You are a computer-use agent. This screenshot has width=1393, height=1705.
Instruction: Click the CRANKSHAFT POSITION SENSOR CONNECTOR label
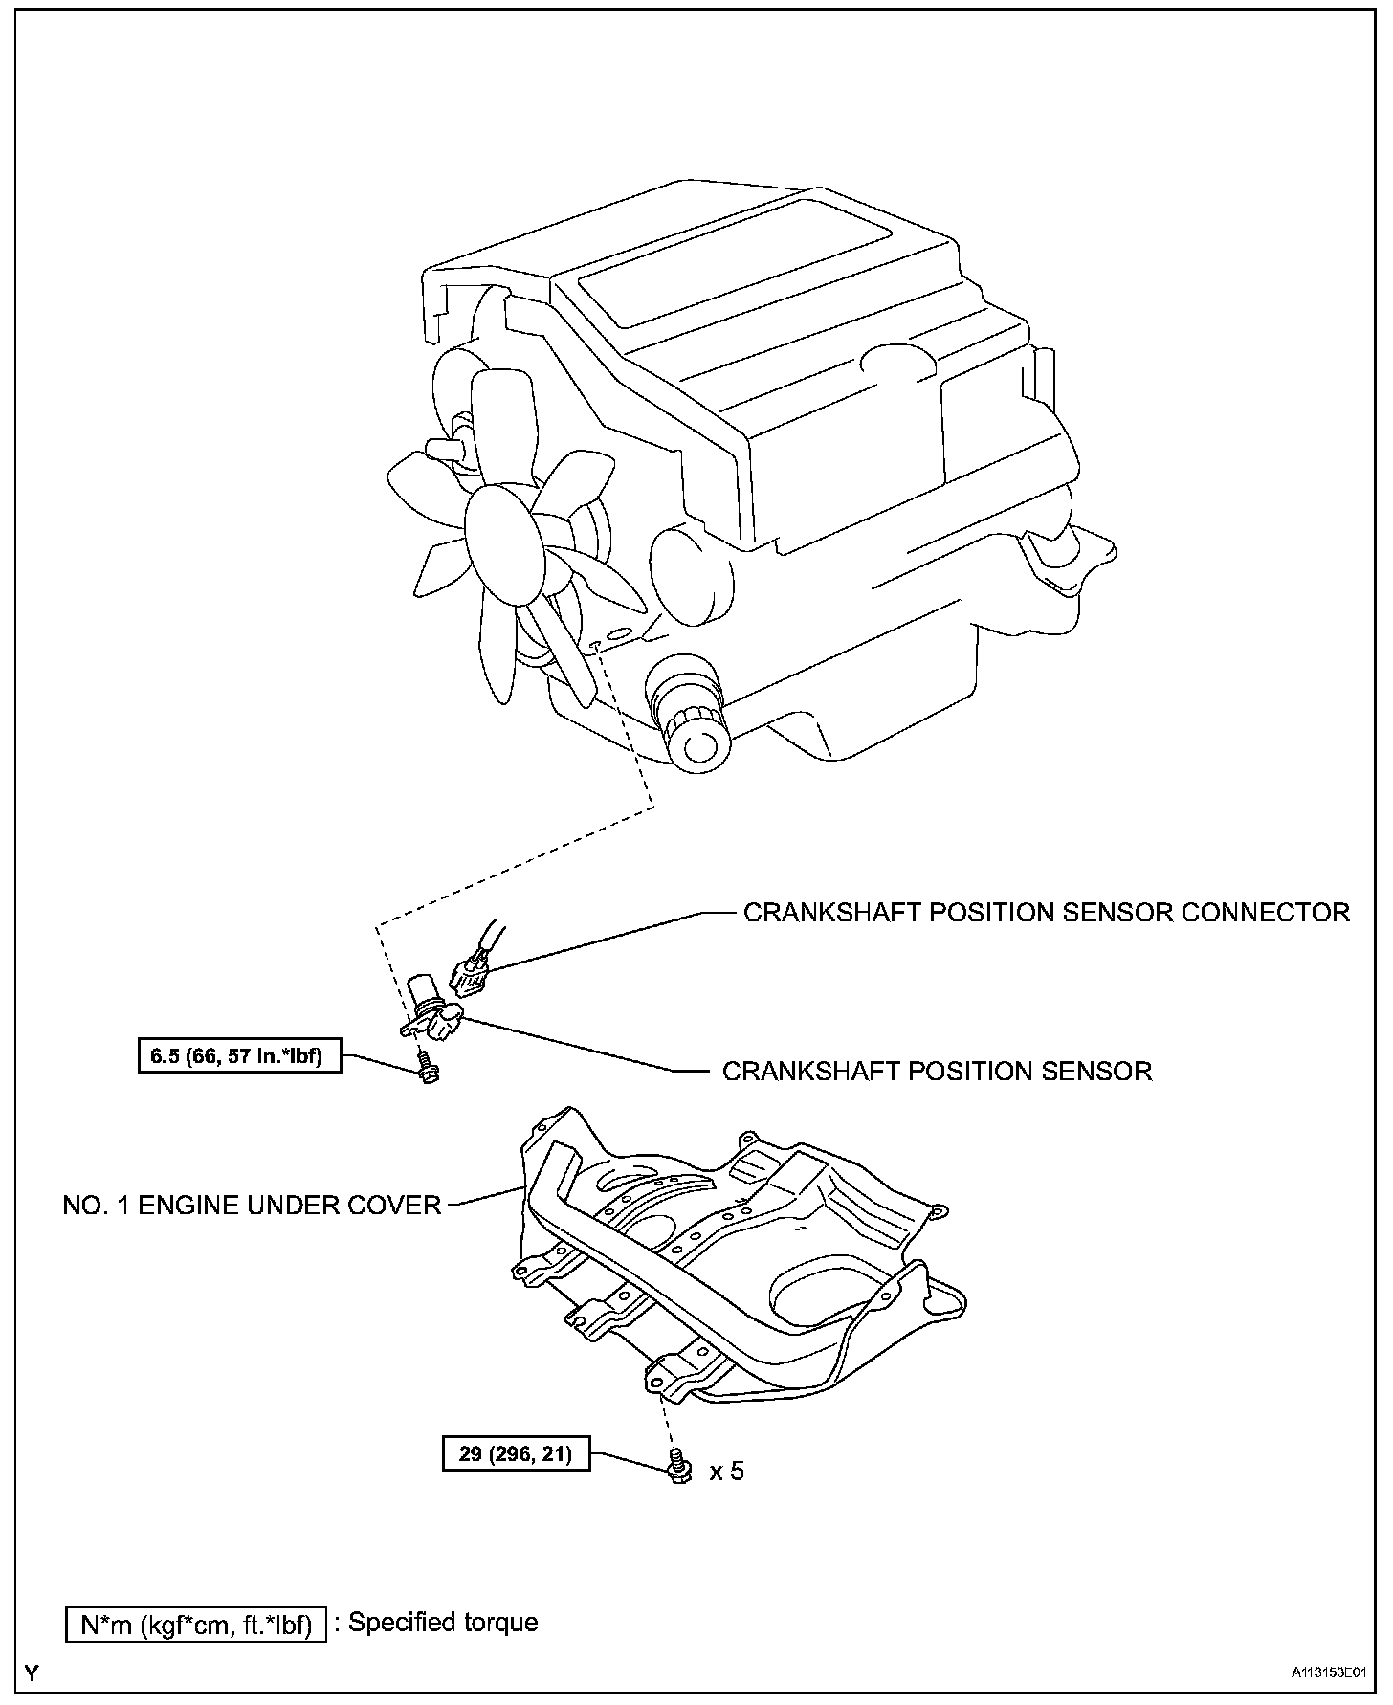click(1046, 912)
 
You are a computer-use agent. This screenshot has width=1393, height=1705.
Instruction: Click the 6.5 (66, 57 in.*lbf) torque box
click(239, 1057)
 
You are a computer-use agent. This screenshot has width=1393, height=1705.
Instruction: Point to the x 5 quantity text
click(726, 1471)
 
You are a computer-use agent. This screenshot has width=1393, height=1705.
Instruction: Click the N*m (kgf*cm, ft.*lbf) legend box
click(196, 1624)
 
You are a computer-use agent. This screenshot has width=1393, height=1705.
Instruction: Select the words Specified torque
click(443, 1622)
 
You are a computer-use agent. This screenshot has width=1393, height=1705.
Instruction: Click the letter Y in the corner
click(33, 1673)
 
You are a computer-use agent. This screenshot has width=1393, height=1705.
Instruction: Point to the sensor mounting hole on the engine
click(595, 647)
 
